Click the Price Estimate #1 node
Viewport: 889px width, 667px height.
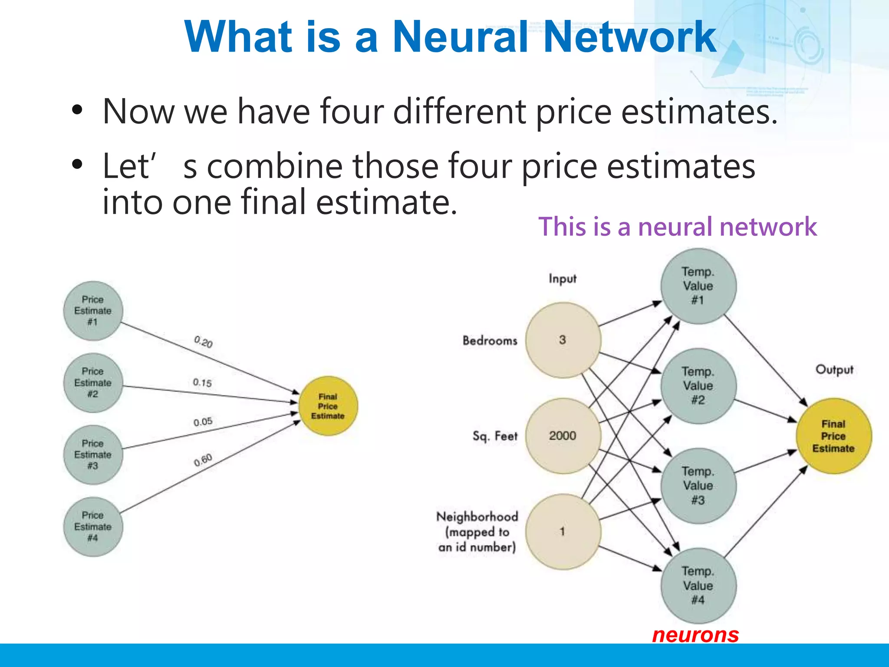pyautogui.click(x=93, y=311)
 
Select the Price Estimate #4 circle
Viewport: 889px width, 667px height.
pyautogui.click(x=93, y=526)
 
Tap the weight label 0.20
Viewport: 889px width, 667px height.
pyautogui.click(x=203, y=342)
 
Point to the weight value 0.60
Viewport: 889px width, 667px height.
pyautogui.click(x=203, y=460)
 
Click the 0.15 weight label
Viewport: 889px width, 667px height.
pyautogui.click(x=202, y=383)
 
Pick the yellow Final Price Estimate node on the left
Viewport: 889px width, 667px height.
pyautogui.click(x=328, y=406)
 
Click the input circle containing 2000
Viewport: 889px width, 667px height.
pyautogui.click(x=563, y=436)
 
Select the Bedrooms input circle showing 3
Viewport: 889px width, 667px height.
pyautogui.click(x=563, y=340)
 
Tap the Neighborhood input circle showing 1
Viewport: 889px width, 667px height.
pyautogui.click(x=563, y=532)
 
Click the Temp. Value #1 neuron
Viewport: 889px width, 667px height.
pyautogui.click(x=698, y=286)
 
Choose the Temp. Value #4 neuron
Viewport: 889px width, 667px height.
pyautogui.click(x=698, y=586)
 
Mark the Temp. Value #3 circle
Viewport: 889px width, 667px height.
pyautogui.click(x=698, y=486)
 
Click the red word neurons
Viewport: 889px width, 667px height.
pyautogui.click(x=695, y=635)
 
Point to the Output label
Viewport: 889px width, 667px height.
pyautogui.click(x=834, y=370)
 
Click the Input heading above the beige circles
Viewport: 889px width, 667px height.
pyautogui.click(x=563, y=278)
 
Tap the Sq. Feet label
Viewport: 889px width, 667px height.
pyautogui.click(x=495, y=436)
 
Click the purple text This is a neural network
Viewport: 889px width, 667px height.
pyautogui.click(x=677, y=227)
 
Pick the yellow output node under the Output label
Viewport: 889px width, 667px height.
pyautogui.click(x=833, y=436)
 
